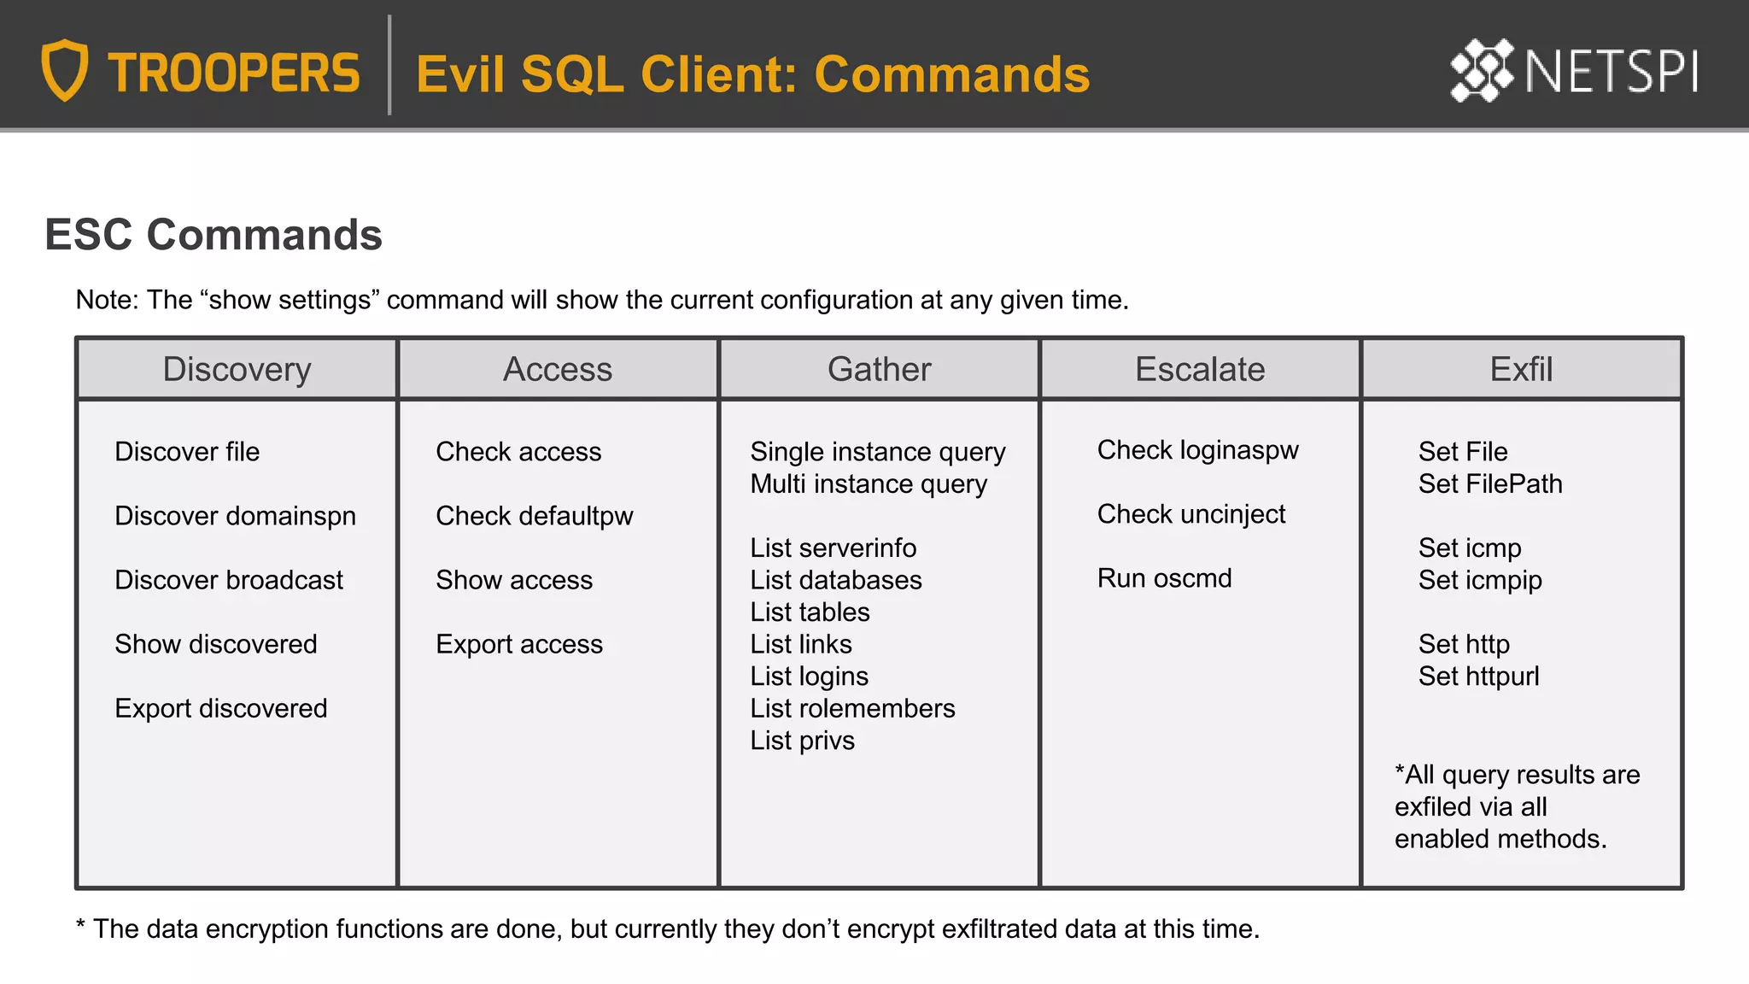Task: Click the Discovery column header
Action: [237, 369]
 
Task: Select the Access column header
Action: [558, 369]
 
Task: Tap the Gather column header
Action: [879, 369]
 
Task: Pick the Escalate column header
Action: [1200, 369]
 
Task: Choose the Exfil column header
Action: [1521, 369]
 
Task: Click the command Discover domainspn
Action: [235, 516]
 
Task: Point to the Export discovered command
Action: [221, 708]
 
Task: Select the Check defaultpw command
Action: [535, 516]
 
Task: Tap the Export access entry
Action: [519, 644]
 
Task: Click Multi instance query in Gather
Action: [869, 484]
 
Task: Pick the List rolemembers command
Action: [852, 708]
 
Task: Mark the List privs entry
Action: [802, 741]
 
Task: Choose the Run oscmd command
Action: [1164, 578]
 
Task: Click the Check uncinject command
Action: [1191, 514]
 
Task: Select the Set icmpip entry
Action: [1480, 580]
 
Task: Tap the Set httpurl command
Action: [1478, 676]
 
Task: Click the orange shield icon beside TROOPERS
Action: [65, 70]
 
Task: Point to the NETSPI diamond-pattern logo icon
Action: [1482, 70]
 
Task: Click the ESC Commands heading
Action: [214, 235]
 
